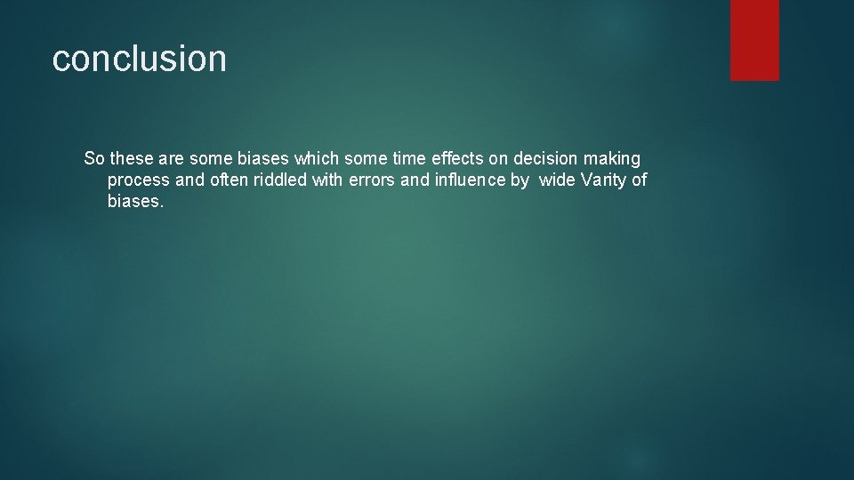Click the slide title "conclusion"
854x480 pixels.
tap(140, 59)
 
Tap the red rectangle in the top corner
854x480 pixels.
tap(754, 40)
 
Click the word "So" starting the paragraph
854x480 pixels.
tap(94, 158)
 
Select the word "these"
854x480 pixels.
tap(133, 158)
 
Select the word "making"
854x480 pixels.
tap(612, 159)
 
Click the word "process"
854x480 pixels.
tap(138, 180)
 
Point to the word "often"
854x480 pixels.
tap(229, 180)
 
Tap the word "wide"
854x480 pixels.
tap(558, 180)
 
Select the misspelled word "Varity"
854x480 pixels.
tap(604, 180)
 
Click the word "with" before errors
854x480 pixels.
tap(326, 180)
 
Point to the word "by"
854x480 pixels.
tap(520, 180)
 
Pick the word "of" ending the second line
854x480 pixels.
tap(640, 180)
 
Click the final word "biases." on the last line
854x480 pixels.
tap(136, 201)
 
